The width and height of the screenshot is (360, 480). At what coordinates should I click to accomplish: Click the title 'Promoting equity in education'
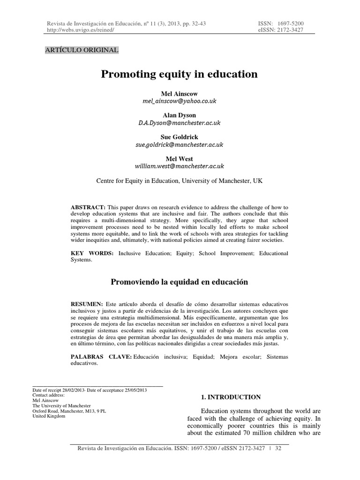pos(180,74)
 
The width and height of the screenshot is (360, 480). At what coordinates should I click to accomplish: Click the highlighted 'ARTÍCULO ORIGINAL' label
pos(82,50)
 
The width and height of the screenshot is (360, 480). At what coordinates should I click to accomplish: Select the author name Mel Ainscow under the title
pos(180,94)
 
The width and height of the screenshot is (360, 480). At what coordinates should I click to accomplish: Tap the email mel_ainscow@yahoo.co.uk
pos(180,101)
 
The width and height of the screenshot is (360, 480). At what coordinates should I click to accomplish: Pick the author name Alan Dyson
pos(180,115)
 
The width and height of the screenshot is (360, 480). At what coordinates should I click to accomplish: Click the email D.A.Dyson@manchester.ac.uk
pos(180,123)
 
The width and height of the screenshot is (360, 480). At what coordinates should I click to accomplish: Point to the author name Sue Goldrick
pos(180,137)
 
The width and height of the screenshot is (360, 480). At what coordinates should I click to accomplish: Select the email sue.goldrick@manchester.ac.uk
pos(180,144)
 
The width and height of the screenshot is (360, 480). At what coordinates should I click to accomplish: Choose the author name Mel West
pos(180,159)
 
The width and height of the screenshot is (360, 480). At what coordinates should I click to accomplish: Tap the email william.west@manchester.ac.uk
pos(180,166)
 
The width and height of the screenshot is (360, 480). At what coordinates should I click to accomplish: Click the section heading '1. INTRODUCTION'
pos(231,397)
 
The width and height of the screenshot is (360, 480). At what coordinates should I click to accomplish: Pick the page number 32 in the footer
pos(278,449)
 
